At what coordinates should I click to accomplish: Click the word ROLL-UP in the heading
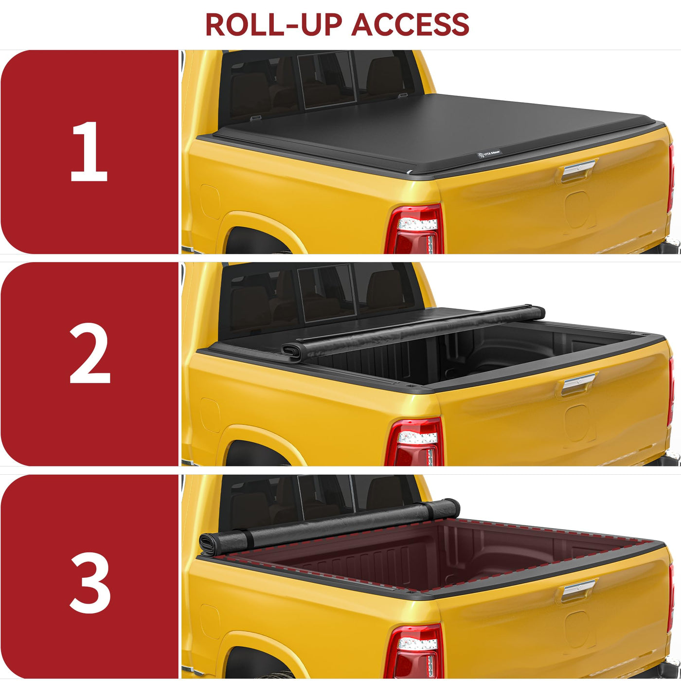pos(273,24)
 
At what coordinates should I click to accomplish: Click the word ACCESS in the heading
pos(410,24)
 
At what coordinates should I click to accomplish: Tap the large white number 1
pos(89,151)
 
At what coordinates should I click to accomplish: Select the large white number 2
pos(90,354)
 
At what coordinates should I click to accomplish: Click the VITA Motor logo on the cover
pos(489,154)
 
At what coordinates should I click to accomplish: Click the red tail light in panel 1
pos(414,229)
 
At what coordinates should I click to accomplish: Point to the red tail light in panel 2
pos(414,442)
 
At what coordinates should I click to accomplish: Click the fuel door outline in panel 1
pos(210,202)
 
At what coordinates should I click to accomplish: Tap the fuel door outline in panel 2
pos(210,415)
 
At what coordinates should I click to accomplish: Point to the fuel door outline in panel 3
pos(210,622)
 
